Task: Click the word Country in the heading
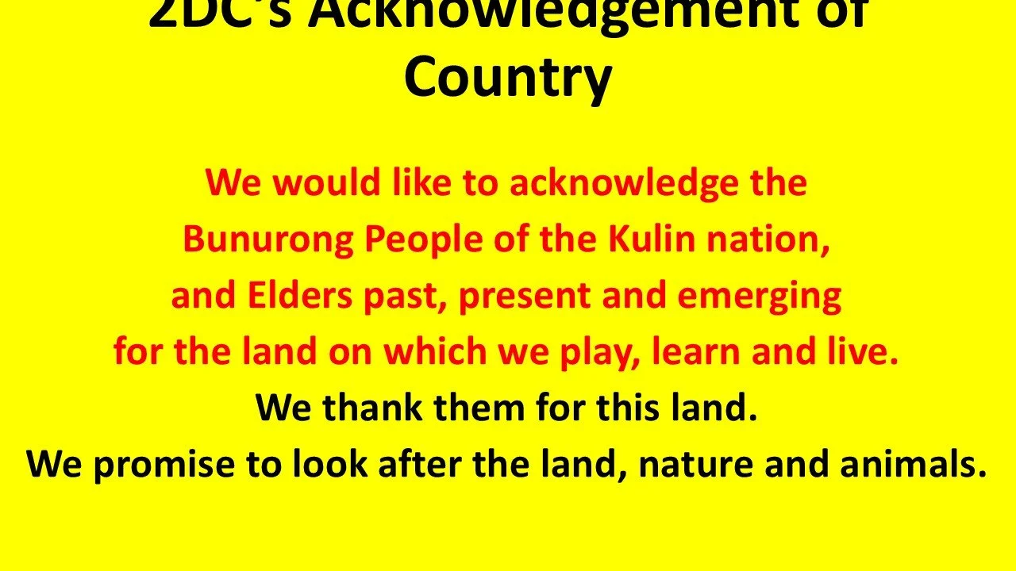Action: coord(508,78)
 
